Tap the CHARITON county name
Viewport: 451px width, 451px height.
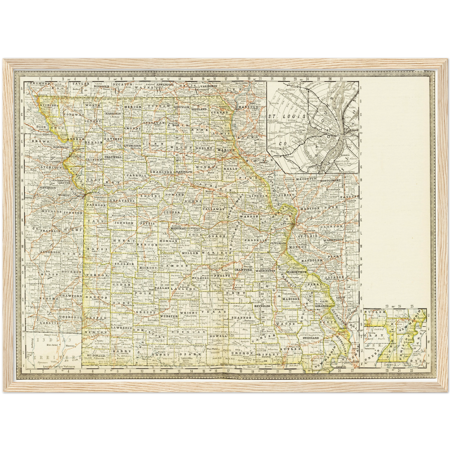click(161, 172)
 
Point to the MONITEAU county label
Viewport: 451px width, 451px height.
click(178, 228)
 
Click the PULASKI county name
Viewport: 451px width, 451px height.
click(198, 277)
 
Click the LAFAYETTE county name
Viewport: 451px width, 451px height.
click(122, 201)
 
